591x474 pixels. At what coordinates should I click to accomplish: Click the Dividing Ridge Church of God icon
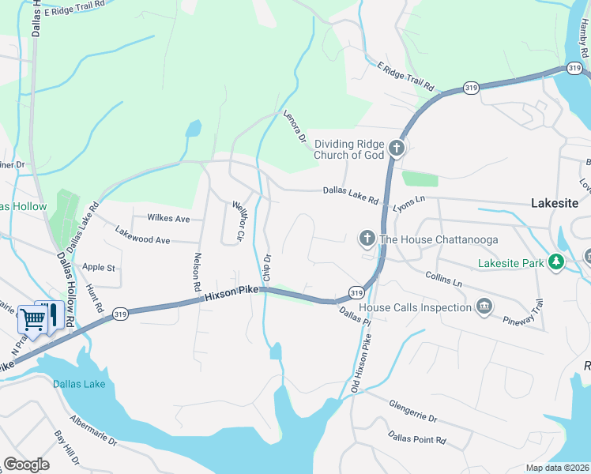[x=397, y=148]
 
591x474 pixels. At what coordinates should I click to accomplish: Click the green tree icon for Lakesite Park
[x=556, y=261]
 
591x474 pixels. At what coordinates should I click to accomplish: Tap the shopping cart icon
[x=32, y=319]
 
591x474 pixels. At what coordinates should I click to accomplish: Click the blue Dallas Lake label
[x=78, y=385]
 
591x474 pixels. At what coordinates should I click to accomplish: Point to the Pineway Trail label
[x=525, y=313]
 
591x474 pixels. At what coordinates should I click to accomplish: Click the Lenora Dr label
[x=295, y=128]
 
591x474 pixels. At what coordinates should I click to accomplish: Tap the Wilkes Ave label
[x=168, y=218]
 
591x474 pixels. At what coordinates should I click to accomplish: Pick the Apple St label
[x=99, y=268]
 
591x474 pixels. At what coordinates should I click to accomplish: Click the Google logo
[x=26, y=465]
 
